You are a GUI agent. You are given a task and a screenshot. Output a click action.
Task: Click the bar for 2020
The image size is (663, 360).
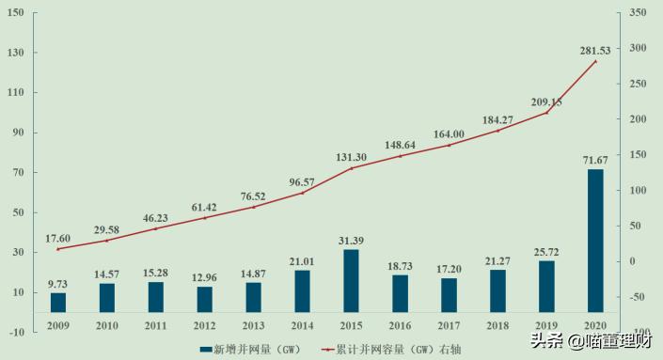click(595, 241)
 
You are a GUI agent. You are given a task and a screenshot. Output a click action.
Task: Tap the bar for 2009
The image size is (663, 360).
click(58, 302)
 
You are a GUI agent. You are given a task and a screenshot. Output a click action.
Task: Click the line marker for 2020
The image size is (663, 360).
click(595, 61)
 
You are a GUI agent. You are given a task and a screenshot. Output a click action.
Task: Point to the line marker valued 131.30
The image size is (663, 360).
click(351, 168)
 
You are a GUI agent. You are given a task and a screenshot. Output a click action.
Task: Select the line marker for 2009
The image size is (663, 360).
click(58, 248)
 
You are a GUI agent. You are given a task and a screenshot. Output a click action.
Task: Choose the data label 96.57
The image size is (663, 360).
click(301, 181)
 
